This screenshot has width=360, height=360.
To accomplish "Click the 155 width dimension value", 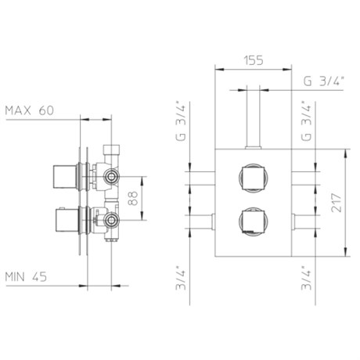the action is tap(254, 61).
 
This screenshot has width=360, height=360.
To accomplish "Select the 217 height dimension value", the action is tap(337, 203).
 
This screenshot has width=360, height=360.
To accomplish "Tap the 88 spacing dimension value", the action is tap(133, 198).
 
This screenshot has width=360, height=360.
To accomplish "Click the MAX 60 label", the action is tap(30, 110).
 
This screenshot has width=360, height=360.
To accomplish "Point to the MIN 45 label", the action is tap(26, 276).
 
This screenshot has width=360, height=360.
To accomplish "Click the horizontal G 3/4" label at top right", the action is tap(324, 81).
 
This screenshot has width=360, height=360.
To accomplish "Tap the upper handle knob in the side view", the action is tap(65, 176).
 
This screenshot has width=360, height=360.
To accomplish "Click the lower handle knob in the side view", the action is tap(67, 220).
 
